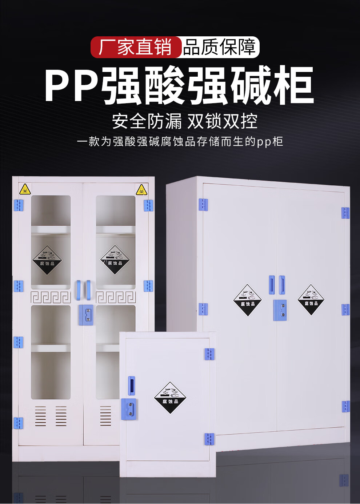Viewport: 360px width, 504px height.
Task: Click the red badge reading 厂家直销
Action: (x=135, y=47)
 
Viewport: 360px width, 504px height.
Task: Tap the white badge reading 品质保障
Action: (x=220, y=47)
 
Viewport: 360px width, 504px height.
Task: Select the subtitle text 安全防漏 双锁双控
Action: (x=184, y=121)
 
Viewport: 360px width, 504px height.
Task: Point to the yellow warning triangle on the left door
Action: (x=25, y=189)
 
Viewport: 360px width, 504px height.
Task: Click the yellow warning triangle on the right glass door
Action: (x=141, y=189)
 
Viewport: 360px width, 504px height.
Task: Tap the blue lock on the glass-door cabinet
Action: (x=87, y=315)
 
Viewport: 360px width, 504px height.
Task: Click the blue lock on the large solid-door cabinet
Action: (x=280, y=310)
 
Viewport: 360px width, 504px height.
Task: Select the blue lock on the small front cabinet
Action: (x=129, y=409)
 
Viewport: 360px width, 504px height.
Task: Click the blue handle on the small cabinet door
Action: (x=132, y=386)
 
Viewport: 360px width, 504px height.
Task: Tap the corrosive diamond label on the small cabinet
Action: (x=170, y=398)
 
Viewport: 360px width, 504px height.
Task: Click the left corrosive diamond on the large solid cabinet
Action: (x=247, y=300)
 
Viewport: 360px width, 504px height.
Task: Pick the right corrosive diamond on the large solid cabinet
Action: (x=311, y=300)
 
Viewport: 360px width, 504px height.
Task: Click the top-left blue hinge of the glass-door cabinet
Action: (x=18, y=205)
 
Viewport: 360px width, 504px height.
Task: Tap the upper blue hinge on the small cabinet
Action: (x=209, y=354)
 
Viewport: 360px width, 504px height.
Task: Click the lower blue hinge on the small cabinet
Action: (x=209, y=439)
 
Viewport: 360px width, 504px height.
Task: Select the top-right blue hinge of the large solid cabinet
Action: (x=345, y=213)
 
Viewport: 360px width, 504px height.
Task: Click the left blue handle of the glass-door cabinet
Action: (x=78, y=290)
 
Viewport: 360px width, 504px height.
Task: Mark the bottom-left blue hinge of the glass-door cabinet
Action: (x=18, y=423)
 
